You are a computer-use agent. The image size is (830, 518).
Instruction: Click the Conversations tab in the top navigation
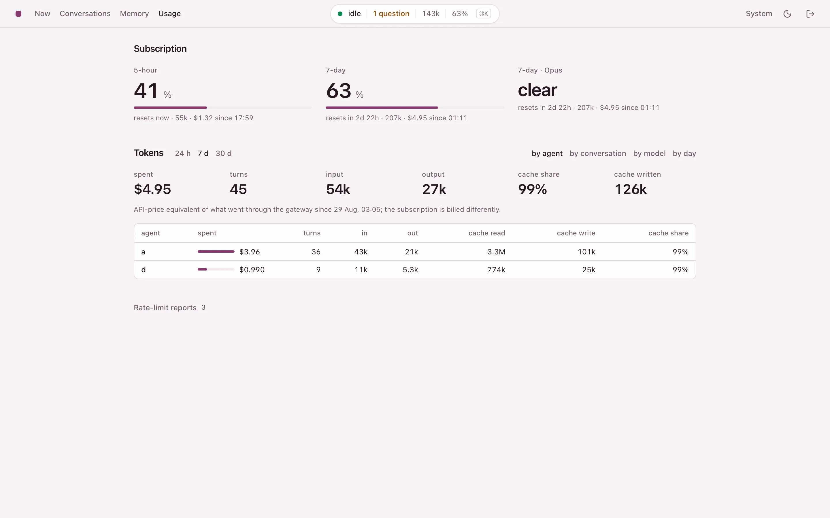tap(85, 14)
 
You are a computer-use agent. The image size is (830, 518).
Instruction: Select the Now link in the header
tap(43, 14)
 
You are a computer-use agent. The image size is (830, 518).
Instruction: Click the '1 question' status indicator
tap(391, 14)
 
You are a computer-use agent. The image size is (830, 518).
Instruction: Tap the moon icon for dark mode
tap(787, 14)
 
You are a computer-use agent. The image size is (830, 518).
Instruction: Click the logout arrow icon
tap(810, 14)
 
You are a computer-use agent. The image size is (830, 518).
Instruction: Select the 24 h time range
tap(183, 153)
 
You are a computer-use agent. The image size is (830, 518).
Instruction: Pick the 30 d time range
tap(224, 153)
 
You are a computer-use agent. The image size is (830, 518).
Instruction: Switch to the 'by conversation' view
tap(598, 153)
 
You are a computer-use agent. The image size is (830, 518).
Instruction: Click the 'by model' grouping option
tap(649, 153)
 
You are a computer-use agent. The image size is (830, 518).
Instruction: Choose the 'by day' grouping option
tap(684, 153)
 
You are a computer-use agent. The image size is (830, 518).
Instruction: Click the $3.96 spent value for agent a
tap(249, 252)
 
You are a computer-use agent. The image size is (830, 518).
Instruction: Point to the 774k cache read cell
tap(496, 270)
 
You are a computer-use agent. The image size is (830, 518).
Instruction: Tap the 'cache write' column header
tap(576, 233)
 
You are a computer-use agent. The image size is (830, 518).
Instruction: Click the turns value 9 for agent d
tap(318, 270)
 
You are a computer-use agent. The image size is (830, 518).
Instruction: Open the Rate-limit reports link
tap(165, 308)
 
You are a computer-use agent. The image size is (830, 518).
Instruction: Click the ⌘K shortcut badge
tap(483, 14)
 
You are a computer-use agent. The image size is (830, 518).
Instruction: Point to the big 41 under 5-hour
tap(146, 91)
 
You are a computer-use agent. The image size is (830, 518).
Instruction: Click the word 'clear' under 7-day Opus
tap(537, 90)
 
